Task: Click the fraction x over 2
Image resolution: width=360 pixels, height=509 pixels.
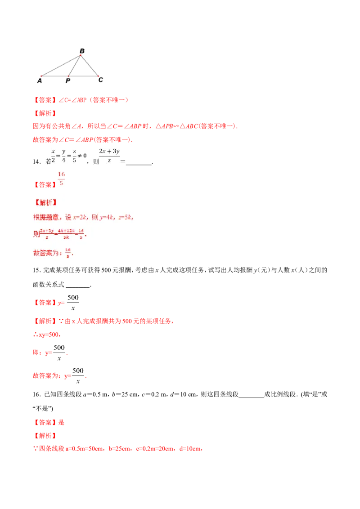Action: [53, 156]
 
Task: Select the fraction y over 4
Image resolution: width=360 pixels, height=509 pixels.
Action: [63, 156]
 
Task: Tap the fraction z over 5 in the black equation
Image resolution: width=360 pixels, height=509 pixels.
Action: [74, 156]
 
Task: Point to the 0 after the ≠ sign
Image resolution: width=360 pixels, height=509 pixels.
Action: [85, 156]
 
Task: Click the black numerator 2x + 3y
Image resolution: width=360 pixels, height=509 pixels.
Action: [109, 152]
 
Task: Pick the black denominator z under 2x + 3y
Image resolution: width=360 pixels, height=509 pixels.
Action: [109, 161]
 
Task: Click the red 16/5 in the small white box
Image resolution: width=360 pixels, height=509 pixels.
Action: [62, 178]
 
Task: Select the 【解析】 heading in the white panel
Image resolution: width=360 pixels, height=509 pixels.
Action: [45, 202]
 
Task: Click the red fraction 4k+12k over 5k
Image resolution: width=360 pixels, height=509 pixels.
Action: [65, 233]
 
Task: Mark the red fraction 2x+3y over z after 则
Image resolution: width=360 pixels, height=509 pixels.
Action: [47, 233]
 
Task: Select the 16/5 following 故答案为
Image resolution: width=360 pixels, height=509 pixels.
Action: [68, 253]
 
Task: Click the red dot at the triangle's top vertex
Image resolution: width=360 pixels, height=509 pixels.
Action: [81, 55]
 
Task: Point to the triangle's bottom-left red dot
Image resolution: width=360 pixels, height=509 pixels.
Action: [41, 76]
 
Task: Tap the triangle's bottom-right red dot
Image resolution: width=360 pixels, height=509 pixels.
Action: [99, 76]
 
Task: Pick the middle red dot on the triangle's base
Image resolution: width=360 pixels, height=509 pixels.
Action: [68, 76]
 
